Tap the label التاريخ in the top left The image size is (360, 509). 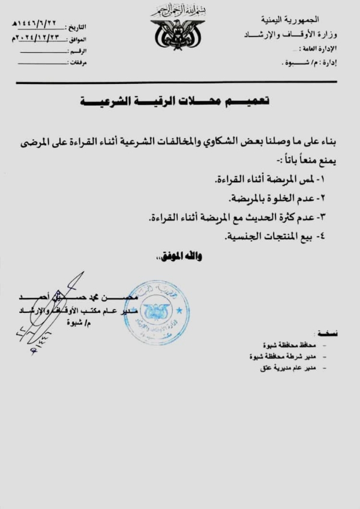tap(79, 27)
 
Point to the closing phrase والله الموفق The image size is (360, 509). tap(180, 256)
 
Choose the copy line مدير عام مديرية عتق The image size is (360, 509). tap(287, 367)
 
